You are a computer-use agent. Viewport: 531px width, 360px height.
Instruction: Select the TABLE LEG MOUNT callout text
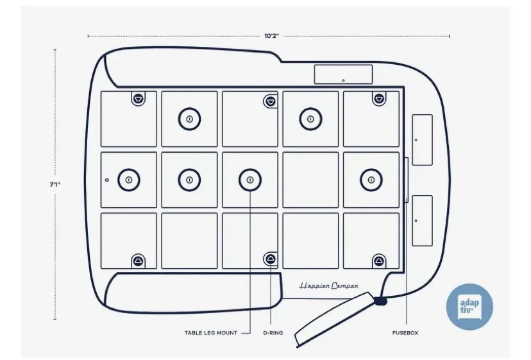click(210, 333)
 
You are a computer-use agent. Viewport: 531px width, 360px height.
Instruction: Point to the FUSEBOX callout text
click(405, 333)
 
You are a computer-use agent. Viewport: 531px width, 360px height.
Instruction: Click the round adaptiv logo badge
click(469, 307)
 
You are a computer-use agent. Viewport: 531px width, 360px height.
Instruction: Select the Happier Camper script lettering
click(329, 286)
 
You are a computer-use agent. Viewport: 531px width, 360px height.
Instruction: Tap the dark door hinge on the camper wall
click(381, 299)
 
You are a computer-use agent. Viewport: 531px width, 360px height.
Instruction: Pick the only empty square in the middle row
click(310, 180)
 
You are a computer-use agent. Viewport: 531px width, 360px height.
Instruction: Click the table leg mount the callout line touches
click(250, 180)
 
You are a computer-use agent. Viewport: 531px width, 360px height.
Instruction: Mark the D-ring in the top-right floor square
click(379, 98)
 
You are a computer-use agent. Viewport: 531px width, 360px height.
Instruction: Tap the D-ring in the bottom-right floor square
click(379, 261)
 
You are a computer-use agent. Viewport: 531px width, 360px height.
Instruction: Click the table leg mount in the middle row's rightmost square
click(370, 180)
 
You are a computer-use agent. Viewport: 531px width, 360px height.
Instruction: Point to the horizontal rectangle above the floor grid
click(343, 74)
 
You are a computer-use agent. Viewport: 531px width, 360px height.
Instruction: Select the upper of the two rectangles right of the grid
click(422, 139)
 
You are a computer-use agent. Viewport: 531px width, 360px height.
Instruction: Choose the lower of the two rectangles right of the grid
click(422, 220)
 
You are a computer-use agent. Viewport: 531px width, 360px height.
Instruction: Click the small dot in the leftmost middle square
click(107, 180)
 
